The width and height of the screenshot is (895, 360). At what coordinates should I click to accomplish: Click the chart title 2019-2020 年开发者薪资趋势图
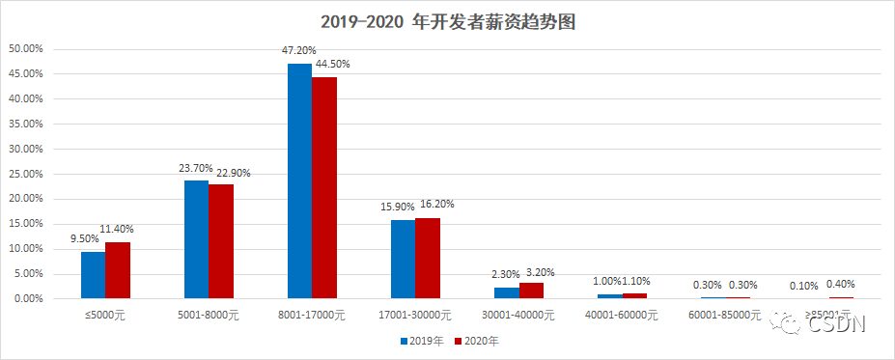tap(448, 21)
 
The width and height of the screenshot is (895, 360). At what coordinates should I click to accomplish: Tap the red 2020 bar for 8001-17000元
tap(324, 187)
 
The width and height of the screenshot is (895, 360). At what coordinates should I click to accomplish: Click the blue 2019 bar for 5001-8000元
tap(196, 239)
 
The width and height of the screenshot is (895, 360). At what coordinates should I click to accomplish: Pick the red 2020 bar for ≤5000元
tap(118, 270)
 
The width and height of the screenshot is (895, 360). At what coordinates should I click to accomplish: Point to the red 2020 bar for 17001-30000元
tap(428, 258)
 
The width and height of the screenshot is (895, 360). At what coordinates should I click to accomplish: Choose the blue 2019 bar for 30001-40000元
tap(506, 292)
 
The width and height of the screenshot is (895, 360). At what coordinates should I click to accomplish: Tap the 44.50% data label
tap(332, 64)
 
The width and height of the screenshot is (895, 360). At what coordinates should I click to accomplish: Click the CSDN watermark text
tap(836, 325)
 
